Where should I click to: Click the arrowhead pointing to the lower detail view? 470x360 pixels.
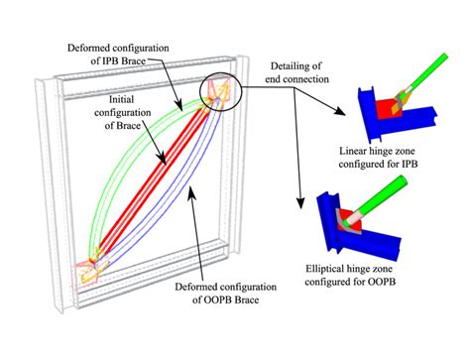pyautogui.click(x=297, y=207)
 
